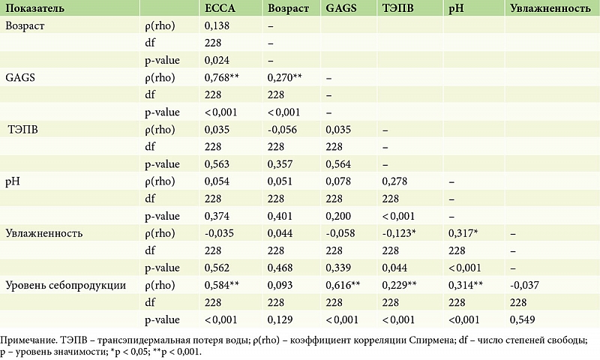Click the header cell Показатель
click(34, 9)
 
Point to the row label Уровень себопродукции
click(65, 285)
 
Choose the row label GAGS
click(19, 77)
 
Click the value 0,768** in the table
click(222, 77)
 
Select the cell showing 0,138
click(216, 26)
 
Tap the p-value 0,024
click(216, 60)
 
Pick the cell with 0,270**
click(284, 77)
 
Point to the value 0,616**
click(344, 285)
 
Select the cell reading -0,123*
click(401, 233)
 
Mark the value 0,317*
click(463, 233)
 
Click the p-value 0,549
click(520, 319)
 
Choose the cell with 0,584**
click(222, 285)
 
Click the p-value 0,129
click(279, 319)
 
